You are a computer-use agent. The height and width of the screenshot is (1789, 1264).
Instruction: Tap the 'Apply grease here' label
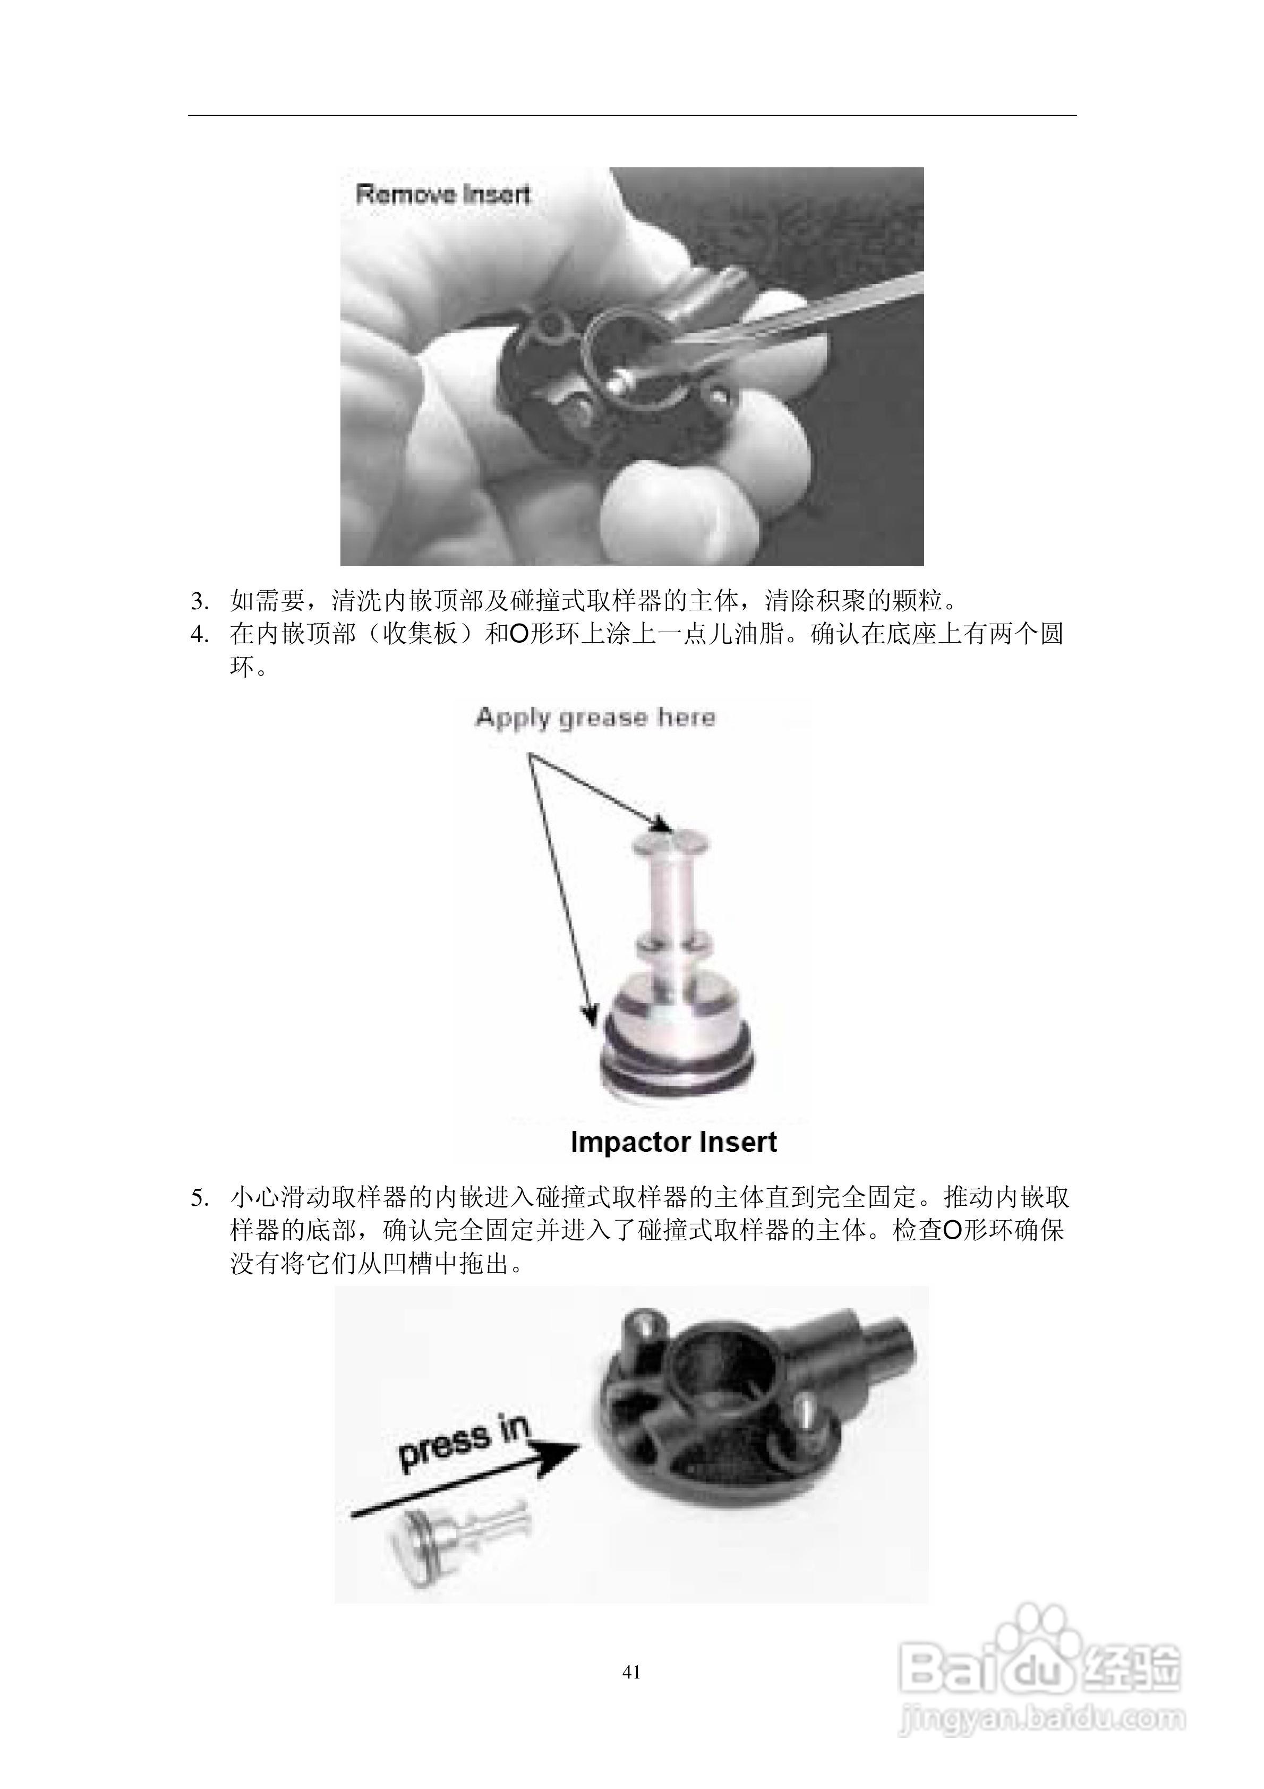point(595,717)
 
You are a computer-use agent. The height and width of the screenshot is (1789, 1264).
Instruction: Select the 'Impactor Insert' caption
point(673,1142)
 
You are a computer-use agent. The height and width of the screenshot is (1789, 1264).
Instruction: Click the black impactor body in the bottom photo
point(725,1410)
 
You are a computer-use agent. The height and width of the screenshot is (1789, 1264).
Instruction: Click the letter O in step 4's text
point(519,635)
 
